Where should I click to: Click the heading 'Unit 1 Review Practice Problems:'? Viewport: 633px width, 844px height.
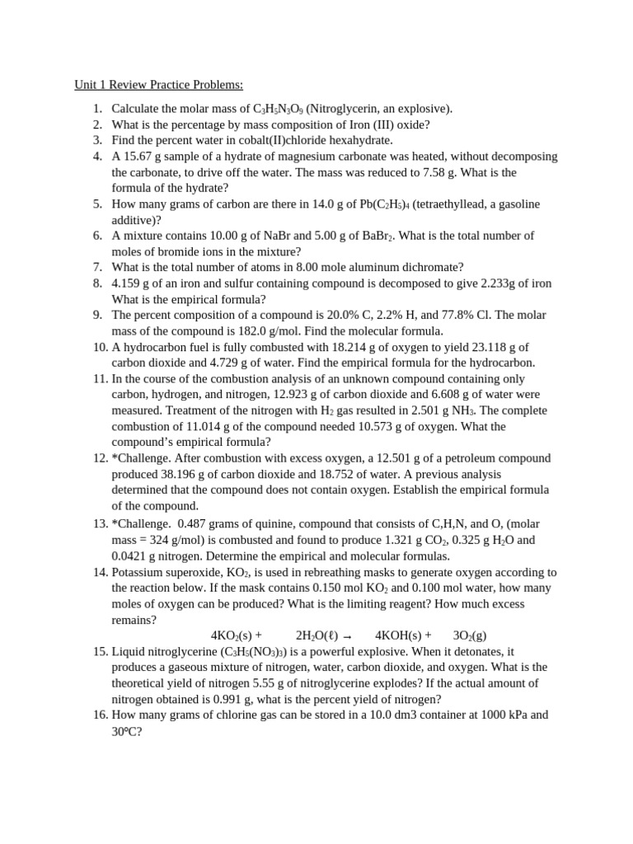(159, 85)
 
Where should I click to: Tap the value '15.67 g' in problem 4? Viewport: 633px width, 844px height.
(142, 156)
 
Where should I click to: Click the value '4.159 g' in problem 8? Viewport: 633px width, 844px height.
(132, 283)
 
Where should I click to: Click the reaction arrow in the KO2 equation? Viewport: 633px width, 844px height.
(347, 636)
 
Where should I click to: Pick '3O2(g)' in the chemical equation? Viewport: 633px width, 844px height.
(470, 635)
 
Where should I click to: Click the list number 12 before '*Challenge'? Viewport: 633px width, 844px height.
(100, 458)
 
